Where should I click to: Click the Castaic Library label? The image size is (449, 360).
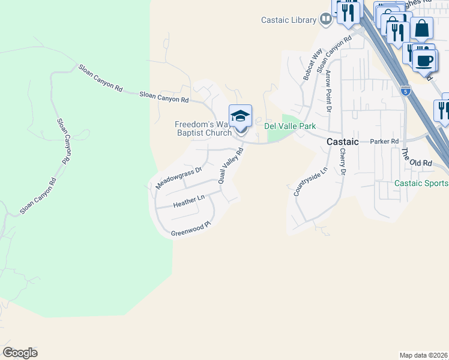(289, 20)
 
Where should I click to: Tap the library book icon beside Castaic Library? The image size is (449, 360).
(326, 20)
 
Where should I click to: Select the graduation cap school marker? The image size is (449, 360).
(240, 116)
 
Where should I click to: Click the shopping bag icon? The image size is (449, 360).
(421, 29)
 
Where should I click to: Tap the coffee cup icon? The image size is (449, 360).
(424, 60)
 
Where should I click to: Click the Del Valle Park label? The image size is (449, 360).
(291, 126)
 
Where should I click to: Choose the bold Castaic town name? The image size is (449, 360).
(343, 142)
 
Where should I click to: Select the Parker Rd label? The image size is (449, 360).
(384, 142)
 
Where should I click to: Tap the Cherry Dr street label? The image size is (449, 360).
(343, 162)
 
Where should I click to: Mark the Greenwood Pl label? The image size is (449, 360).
(191, 229)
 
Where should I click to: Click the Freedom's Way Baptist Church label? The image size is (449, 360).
(202, 128)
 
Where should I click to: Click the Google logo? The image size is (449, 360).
(20, 353)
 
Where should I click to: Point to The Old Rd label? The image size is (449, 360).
(417, 157)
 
